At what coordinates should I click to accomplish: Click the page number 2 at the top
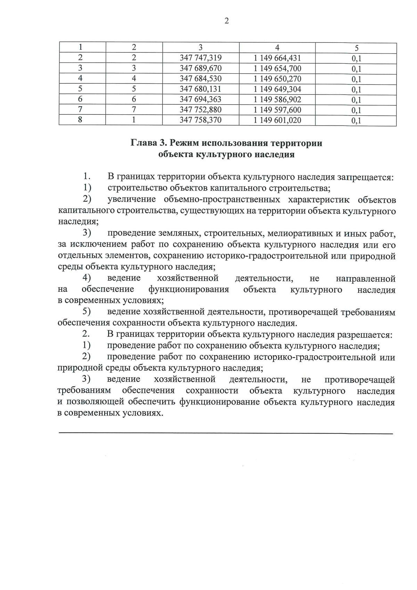click(227, 21)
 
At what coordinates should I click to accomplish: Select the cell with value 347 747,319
click(201, 58)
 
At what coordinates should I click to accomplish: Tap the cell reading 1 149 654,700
click(277, 68)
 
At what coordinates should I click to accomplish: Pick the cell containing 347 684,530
click(201, 79)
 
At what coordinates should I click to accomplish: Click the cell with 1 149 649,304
click(277, 89)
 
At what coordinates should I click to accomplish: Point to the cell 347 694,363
click(201, 99)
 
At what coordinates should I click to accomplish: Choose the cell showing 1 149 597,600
click(277, 110)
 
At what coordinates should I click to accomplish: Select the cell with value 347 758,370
click(201, 120)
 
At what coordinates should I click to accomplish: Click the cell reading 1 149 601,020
click(277, 120)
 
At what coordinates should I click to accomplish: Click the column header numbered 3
click(201, 48)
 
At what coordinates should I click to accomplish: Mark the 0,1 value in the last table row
click(356, 121)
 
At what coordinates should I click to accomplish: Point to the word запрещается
click(365, 177)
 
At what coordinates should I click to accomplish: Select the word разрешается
click(365, 335)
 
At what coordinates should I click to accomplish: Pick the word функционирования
click(189, 290)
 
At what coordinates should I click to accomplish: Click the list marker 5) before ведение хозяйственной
click(87, 312)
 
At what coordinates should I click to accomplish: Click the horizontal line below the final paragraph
click(226, 433)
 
